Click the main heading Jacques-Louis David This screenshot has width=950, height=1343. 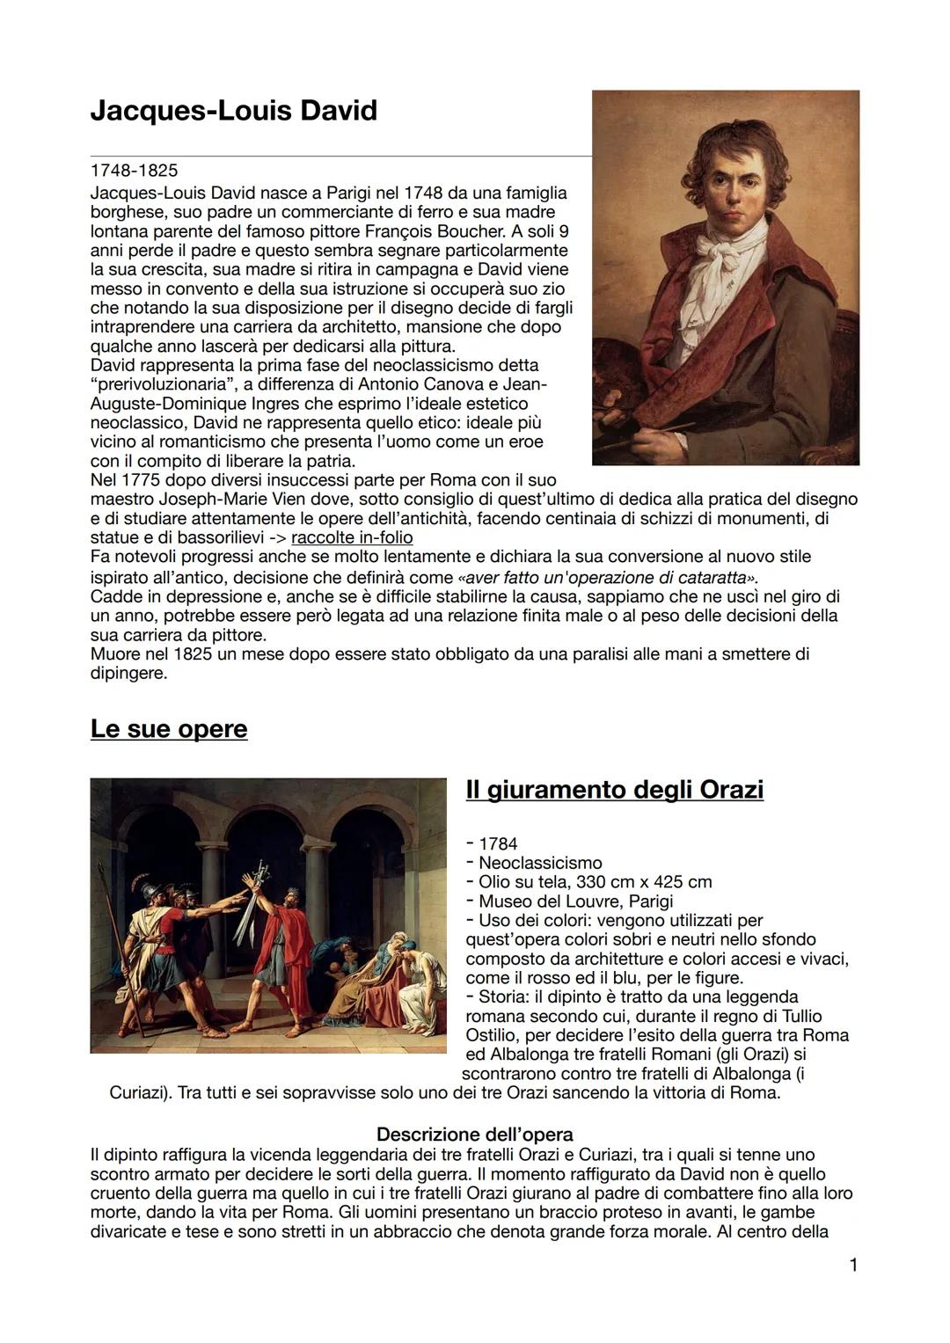coord(233,111)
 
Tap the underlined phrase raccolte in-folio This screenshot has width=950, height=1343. coord(352,537)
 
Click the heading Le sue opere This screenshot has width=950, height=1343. coord(169,729)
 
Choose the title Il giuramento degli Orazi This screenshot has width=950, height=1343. coord(614,789)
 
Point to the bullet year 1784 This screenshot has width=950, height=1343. coord(498,843)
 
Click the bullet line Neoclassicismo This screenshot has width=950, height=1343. coord(540,863)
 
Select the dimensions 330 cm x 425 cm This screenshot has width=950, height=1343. coord(644,882)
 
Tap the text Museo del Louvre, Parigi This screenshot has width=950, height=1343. coord(575,901)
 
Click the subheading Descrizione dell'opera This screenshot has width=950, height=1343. coord(474,1135)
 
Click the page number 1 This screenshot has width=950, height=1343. coord(852,1265)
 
